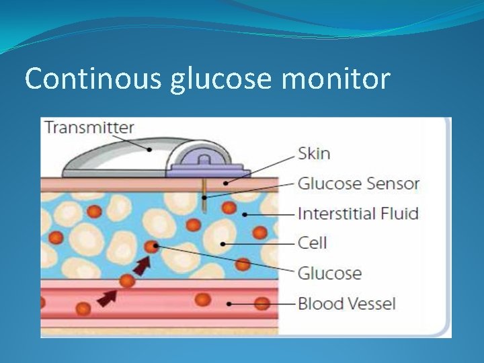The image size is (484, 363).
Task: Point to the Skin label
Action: (314, 153)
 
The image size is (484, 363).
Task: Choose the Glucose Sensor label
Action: (358, 183)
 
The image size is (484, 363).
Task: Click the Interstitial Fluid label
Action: (358, 214)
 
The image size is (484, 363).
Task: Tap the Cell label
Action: (312, 242)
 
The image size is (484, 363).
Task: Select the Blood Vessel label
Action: (347, 303)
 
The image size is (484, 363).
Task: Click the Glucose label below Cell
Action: (329, 273)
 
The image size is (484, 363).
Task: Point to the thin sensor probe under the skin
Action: (202, 192)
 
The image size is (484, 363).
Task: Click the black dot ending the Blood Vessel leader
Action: (230, 304)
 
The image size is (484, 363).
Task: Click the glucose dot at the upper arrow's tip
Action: (155, 247)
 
